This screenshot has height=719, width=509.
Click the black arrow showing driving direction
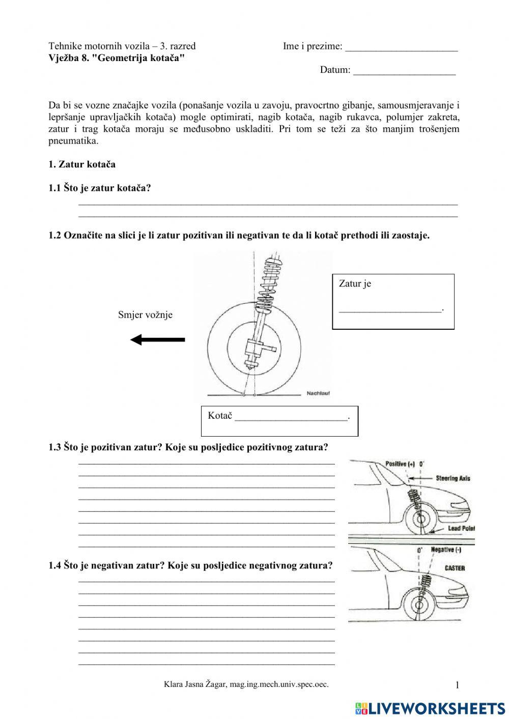[158, 339]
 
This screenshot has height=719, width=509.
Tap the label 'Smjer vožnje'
[145, 314]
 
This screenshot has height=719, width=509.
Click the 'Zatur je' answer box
[393, 301]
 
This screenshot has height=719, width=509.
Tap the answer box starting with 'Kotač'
[279, 420]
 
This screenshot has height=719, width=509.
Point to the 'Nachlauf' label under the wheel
[318, 393]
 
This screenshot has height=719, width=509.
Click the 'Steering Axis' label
[453, 478]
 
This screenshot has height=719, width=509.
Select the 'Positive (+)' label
[400, 464]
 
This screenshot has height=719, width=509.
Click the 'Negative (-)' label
[446, 550]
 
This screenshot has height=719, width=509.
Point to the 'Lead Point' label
[461, 529]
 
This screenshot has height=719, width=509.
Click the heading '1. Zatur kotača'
[82, 164]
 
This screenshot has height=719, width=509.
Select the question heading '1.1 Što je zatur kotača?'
[100, 188]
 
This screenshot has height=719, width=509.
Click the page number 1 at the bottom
[457, 685]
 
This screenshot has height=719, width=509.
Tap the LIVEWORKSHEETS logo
[430, 708]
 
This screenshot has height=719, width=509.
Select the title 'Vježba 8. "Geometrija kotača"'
[116, 57]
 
